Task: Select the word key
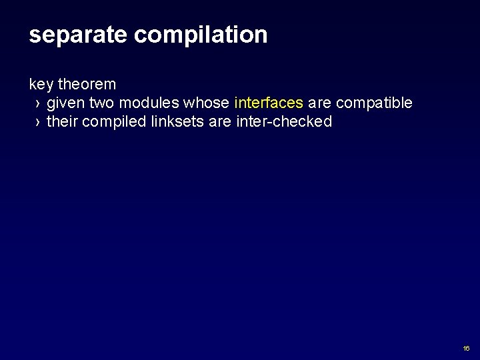[x=41, y=85]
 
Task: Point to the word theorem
[x=87, y=85]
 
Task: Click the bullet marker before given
[x=38, y=104]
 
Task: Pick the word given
[x=65, y=103]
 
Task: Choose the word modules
[x=149, y=103]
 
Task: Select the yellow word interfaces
[x=269, y=103]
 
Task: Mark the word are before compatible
[x=321, y=103]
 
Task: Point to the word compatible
[x=375, y=103]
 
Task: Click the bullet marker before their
[x=38, y=123]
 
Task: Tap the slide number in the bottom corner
[x=465, y=349]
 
